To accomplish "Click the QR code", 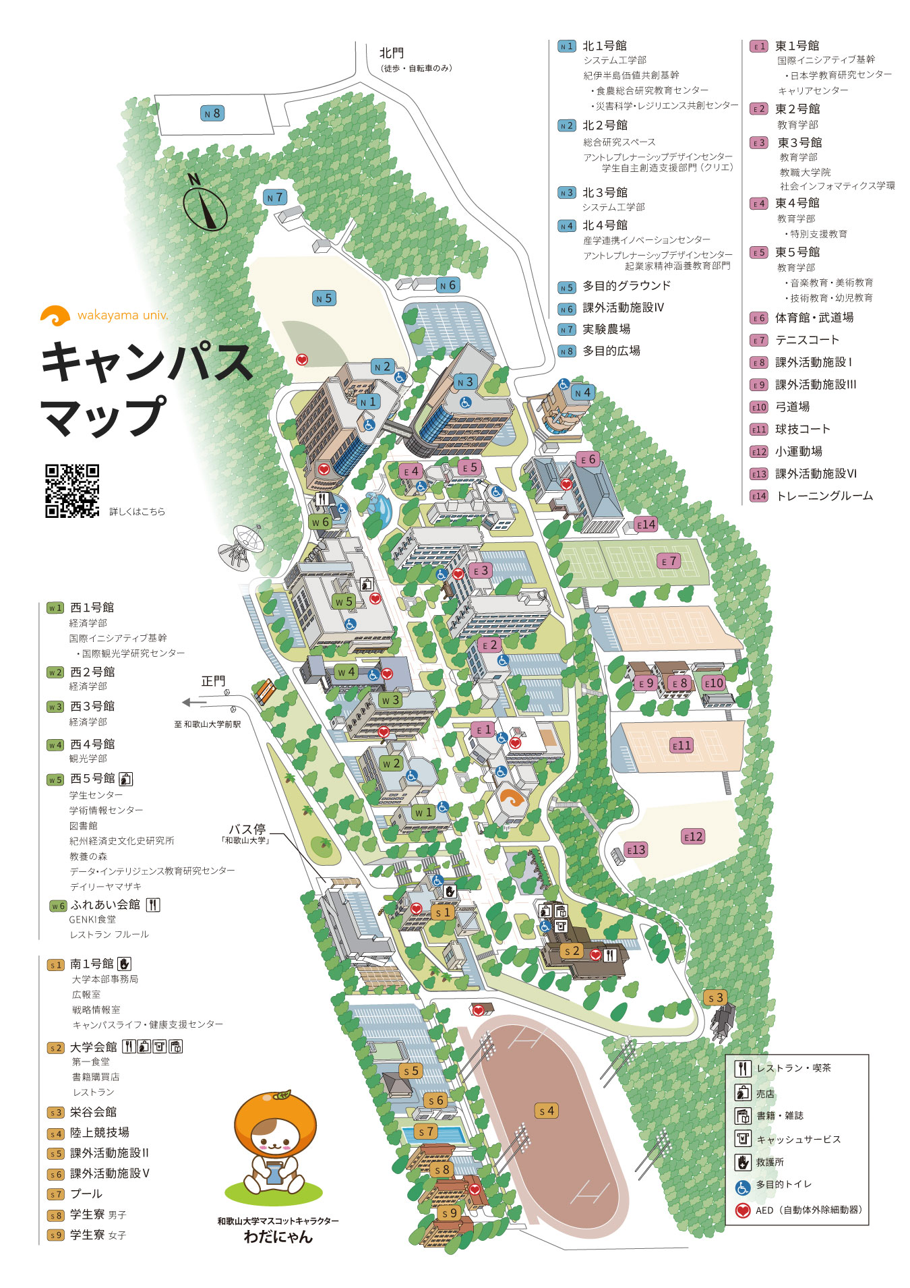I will pos(72,491).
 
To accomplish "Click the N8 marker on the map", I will pos(213,113).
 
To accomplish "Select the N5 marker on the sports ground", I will pos(324,298).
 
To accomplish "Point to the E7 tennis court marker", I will pos(668,561).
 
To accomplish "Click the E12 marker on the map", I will pos(693,836).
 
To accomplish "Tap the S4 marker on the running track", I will pos(547,1110).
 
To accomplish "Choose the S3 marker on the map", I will pos(715,997).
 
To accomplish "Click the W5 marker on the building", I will pos(343,601).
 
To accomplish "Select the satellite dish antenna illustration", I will pos(240,543).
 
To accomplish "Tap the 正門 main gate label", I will pos(213,681).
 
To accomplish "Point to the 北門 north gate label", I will pos(391,53).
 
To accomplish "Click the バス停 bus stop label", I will pos(247,829).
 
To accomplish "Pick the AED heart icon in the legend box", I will pos(742,1210).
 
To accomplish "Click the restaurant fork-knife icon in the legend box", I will pos(742,1068).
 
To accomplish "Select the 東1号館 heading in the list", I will pos(797,46).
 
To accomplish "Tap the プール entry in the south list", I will pos(86,1194).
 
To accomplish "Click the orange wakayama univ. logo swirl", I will pos(55,315).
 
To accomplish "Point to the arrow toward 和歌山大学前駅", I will pos(195,703).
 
